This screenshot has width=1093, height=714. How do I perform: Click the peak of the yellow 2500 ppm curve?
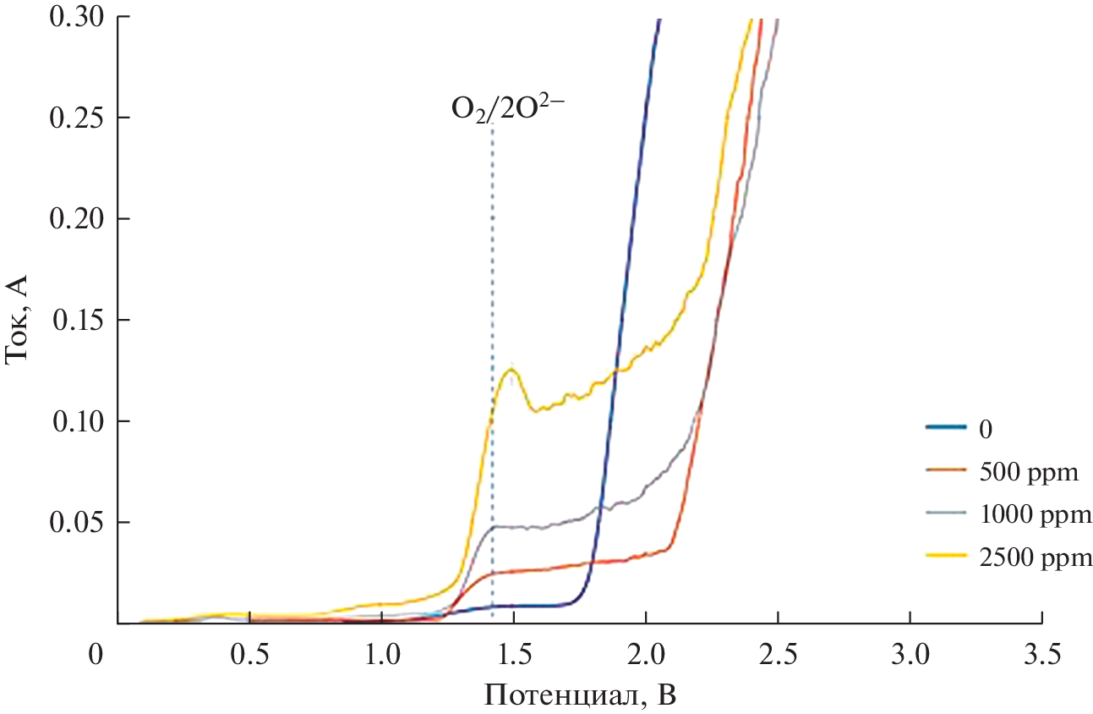tap(511, 369)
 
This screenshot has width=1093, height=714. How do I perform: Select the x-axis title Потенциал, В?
tap(580, 695)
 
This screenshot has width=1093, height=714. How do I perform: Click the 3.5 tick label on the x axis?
tap(1041, 655)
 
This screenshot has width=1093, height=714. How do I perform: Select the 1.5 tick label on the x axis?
tap(514, 655)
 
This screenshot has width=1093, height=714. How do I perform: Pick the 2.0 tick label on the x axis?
tap(646, 655)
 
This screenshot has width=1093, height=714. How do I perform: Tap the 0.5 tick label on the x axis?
tap(249, 655)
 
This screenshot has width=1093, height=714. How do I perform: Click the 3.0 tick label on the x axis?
tap(910, 655)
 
